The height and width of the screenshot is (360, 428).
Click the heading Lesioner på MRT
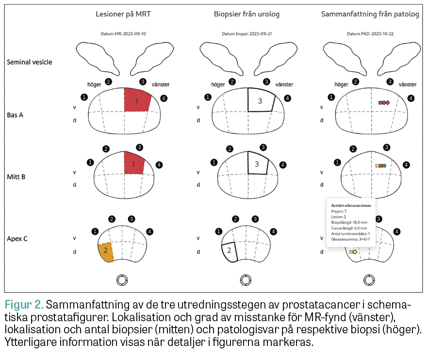point(123,14)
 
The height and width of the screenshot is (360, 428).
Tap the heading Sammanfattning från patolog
point(370,14)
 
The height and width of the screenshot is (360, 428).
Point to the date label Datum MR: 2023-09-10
point(123,33)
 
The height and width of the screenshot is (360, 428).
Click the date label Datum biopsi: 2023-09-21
point(246,33)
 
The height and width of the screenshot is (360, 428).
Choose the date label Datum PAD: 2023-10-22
point(370,33)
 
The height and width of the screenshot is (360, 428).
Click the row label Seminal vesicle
point(30,62)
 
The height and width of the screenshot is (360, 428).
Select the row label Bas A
point(16,115)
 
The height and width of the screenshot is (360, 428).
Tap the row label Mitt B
point(16,177)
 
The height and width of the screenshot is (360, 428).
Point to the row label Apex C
point(17,239)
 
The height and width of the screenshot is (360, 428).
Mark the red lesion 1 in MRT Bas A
point(137,100)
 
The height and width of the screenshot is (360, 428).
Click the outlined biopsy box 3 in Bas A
point(261,101)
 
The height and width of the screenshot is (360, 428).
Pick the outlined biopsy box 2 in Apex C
point(229,251)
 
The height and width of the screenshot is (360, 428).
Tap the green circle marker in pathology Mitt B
point(384,166)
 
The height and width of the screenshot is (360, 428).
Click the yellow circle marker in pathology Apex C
point(355,252)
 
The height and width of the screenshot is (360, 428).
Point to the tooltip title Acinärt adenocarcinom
point(351,206)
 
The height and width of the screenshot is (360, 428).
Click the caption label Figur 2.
point(24,305)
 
